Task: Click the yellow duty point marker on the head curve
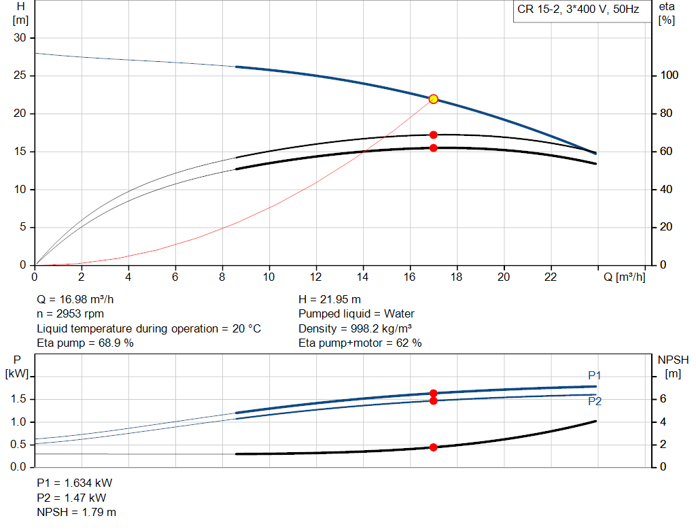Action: coord(433,99)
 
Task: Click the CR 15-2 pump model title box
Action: coord(577,11)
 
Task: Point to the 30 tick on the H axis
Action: coord(20,38)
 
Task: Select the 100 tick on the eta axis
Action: coord(669,75)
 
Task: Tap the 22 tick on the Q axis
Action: coord(551,277)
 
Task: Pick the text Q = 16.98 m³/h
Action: coord(80,299)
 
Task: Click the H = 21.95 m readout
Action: coord(330,299)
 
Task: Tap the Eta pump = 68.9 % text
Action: coord(85,343)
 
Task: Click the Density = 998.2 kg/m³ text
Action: coord(355,328)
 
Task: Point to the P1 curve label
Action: coord(595,375)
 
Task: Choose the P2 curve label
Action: coord(595,402)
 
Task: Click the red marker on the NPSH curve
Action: coord(433,447)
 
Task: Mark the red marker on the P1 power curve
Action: coord(433,393)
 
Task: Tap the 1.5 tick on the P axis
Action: coord(19,399)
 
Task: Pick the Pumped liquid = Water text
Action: coord(356,314)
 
